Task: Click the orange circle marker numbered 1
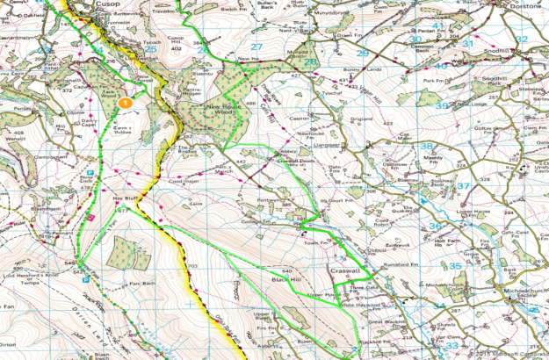pos(126,103)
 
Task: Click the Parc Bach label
pos(141,284)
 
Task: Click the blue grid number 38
pos(426,146)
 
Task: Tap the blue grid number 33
pos(452,345)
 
